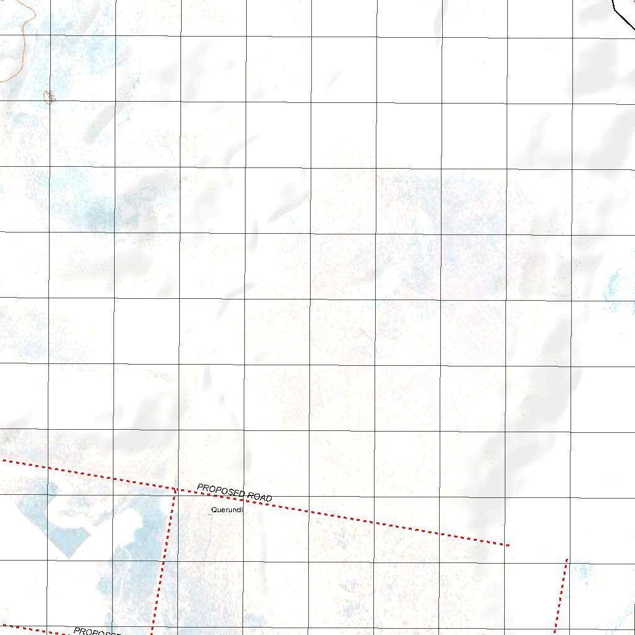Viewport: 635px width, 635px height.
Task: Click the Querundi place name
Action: point(226,510)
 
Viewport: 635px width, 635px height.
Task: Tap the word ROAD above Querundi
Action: point(259,496)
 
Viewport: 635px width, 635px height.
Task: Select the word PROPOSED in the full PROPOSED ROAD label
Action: point(221,491)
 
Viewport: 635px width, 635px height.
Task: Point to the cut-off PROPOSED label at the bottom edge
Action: point(96,632)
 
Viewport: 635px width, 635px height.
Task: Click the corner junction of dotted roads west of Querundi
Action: point(175,490)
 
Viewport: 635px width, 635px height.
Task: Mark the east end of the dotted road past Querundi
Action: point(507,545)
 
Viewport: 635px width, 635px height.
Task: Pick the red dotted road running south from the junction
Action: point(164,558)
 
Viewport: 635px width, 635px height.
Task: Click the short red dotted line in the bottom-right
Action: point(561,595)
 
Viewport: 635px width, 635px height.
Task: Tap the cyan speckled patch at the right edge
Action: point(614,288)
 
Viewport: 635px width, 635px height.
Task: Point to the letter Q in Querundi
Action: point(213,510)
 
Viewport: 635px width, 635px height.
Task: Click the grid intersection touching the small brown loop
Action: point(49,101)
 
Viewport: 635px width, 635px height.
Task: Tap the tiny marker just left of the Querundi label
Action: point(209,514)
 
